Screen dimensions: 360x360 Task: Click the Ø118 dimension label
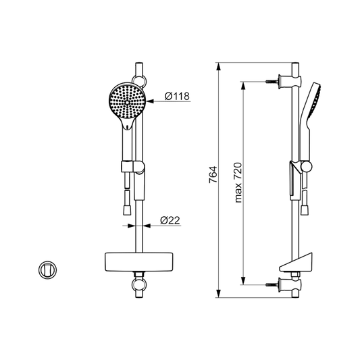point(177,96)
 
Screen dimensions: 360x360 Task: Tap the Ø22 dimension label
point(170,220)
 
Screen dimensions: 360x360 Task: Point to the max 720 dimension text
point(238,182)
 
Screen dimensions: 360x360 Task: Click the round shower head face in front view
point(126,101)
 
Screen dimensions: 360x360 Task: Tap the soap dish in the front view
point(138,262)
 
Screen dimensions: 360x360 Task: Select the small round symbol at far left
point(47,270)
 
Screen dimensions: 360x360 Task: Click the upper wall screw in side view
point(272,81)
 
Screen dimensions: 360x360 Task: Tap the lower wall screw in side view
point(272,285)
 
